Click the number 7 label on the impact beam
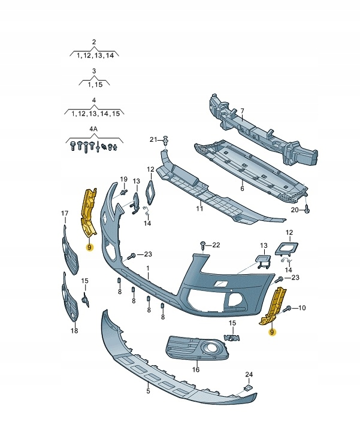tap(242, 111)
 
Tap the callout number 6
tap(242, 189)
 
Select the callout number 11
tap(199, 208)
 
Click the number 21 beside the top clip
tap(153, 139)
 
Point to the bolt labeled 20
tap(307, 210)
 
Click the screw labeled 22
tap(203, 245)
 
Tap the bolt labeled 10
tap(287, 309)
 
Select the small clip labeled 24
tap(248, 387)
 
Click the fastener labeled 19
tap(124, 192)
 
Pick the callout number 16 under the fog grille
tap(196, 369)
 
